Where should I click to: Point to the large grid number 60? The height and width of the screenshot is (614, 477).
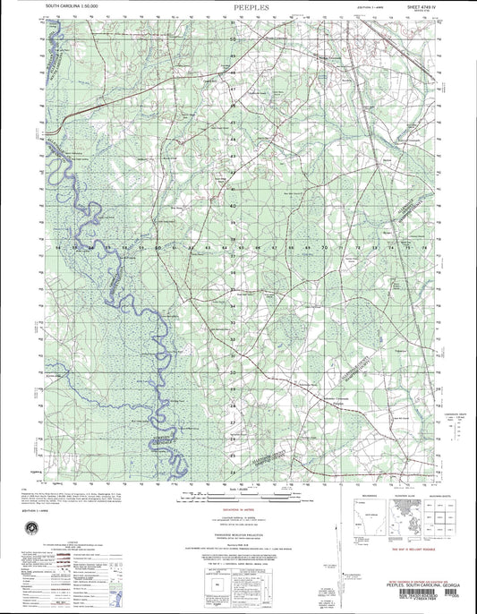[x=159, y=247]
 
